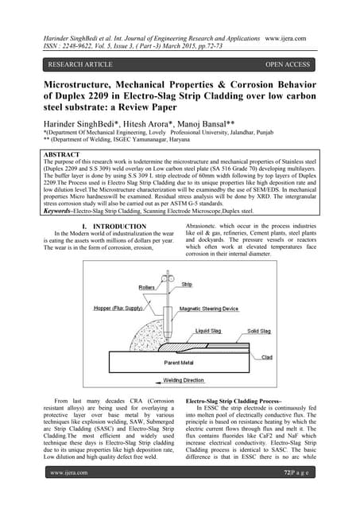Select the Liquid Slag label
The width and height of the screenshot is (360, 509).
tap(209, 329)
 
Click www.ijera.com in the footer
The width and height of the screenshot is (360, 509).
tap(69, 495)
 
